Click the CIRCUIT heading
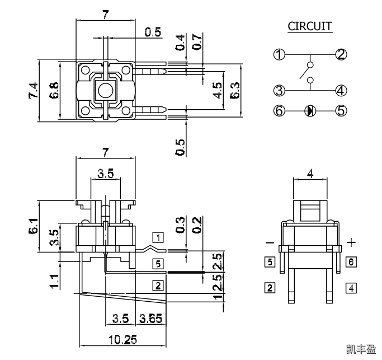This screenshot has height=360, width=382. pyautogui.click(x=309, y=26)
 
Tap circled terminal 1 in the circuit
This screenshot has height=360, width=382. pyautogui.click(x=279, y=54)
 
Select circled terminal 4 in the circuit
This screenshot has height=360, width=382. pyautogui.click(x=341, y=90)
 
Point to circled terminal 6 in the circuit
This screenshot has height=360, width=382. pyautogui.click(x=279, y=110)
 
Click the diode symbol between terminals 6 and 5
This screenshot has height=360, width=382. pyautogui.click(x=309, y=110)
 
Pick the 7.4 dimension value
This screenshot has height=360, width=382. pyautogui.click(x=33, y=90)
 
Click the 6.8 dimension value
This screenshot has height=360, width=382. pyautogui.click(x=54, y=90)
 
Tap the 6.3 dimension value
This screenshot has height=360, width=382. pyautogui.click(x=235, y=90)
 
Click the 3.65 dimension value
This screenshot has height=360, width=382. pyautogui.click(x=150, y=319)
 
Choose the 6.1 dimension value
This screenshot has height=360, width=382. pyautogui.click(x=34, y=227)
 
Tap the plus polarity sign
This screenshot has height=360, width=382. pyautogui.click(x=351, y=242)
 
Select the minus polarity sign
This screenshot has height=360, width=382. pyautogui.click(x=270, y=242)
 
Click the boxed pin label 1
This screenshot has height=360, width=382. pyautogui.click(x=159, y=237)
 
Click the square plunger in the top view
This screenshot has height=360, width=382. pyautogui.click(x=105, y=89)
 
